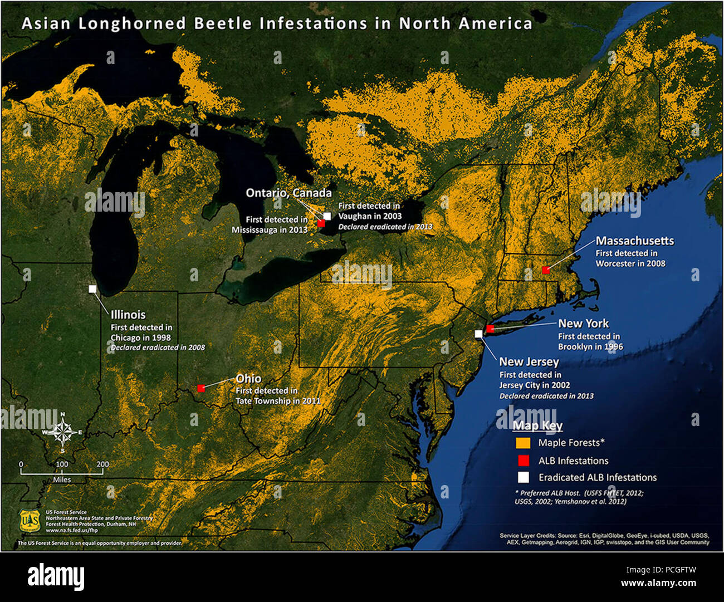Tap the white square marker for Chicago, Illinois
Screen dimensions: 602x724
[92, 288]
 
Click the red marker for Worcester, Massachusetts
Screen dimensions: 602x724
[546, 270]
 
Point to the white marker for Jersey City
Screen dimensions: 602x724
[478, 334]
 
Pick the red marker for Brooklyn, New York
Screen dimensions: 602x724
[490, 329]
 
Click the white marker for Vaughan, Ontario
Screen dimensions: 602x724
[327, 216]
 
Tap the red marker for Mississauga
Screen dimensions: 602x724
[321, 223]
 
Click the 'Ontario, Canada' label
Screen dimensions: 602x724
[288, 193]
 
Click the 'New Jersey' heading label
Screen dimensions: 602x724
[529, 361]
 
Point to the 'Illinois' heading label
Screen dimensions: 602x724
[128, 314]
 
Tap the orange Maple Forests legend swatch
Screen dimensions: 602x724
[523, 443]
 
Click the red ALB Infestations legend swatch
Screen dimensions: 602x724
[523, 461]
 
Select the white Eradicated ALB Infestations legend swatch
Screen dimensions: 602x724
[523, 477]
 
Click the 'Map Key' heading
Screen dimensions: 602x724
[537, 426]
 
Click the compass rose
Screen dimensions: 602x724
[63, 432]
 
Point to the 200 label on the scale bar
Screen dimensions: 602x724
[102, 464]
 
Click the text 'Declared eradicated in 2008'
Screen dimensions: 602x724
[158, 348]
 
